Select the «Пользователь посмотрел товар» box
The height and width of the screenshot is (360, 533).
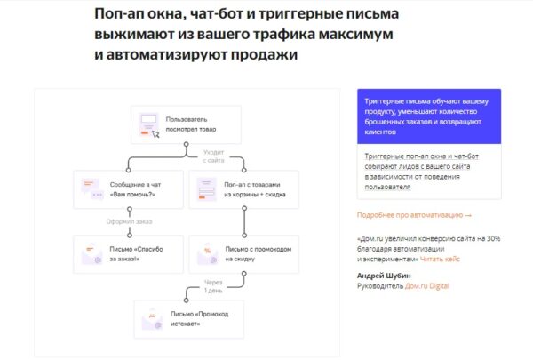186,124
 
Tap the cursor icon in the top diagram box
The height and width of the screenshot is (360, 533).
155,134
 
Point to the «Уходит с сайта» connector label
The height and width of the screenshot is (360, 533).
213,156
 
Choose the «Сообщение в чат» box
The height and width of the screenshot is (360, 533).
129,189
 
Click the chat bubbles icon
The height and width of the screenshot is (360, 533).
92,189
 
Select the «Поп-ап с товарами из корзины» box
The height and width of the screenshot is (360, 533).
244,189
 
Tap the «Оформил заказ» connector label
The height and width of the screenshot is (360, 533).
129,221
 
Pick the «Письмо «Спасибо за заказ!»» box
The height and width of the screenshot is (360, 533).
129,254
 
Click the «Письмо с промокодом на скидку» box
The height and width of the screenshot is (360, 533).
244,254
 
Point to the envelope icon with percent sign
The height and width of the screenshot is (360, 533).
207,254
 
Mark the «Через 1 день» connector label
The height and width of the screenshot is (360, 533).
213,286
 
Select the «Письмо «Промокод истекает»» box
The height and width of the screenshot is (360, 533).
189,319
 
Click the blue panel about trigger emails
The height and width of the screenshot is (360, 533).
429,116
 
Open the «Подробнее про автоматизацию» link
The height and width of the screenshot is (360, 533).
414,215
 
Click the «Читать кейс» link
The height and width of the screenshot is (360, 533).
440,259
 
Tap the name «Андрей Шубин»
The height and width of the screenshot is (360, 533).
384,276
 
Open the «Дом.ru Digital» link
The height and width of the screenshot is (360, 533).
427,286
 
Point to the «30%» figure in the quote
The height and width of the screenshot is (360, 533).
493,238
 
